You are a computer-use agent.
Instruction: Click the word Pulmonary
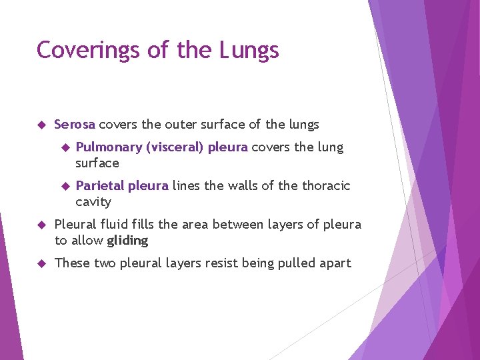(109, 147)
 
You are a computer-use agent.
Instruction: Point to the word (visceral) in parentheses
(174, 147)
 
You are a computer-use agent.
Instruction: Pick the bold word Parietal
(100, 186)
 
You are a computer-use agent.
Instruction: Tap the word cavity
(93, 202)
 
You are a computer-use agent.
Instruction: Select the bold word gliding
(127, 241)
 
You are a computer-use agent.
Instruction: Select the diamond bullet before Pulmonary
(65, 147)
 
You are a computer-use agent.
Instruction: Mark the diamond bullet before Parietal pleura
(65, 186)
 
